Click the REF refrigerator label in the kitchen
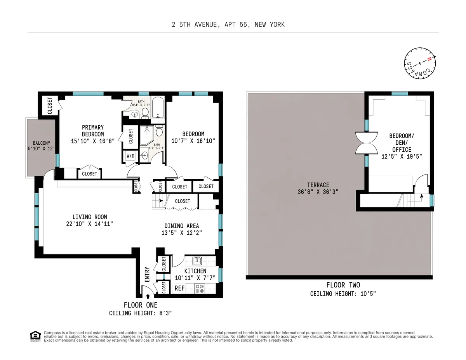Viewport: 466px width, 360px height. tap(179, 288)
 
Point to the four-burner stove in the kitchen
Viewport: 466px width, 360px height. tap(200, 288)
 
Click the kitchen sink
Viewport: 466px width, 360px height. tap(196, 260)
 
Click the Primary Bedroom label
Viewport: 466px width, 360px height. tap(93, 130)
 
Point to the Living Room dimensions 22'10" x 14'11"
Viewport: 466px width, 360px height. tap(90, 224)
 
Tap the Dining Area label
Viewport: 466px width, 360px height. tap(182, 226)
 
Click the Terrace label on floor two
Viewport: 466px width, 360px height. tap(318, 185)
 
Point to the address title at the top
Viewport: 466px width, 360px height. tap(228, 24)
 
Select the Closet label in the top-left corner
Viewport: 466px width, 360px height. tap(50, 106)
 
